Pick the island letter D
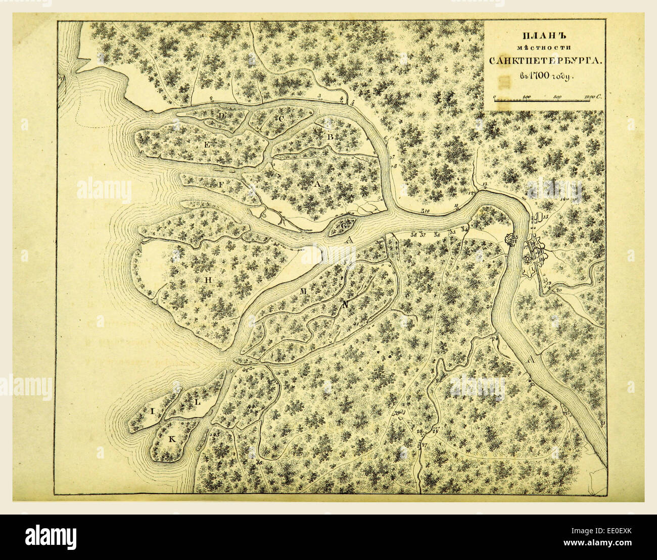[221, 116]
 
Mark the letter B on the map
[331, 136]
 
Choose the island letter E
[207, 145]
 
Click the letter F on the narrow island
[221, 185]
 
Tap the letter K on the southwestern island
[171, 439]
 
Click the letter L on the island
[198, 402]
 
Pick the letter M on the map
[303, 291]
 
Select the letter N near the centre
[345, 304]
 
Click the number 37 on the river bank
[423, 235]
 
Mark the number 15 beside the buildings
[545, 217]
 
